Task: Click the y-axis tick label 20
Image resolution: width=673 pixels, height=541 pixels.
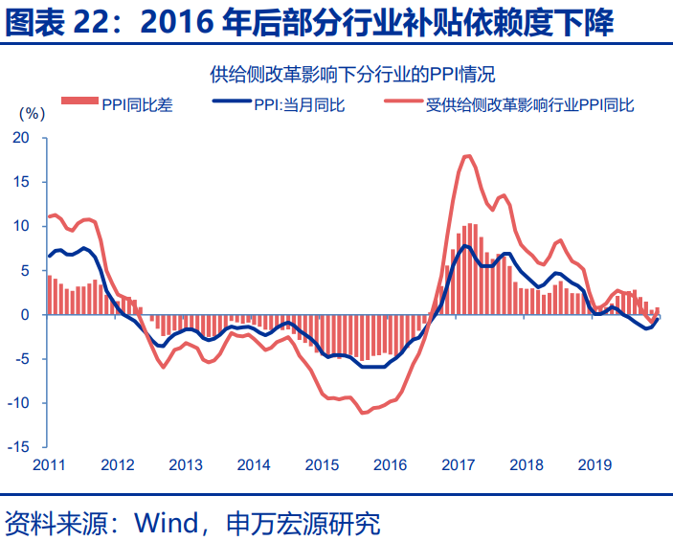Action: coord(22,138)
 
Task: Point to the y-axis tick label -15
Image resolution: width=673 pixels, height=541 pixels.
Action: coord(19,447)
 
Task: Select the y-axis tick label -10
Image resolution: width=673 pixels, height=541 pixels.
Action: coord(19,403)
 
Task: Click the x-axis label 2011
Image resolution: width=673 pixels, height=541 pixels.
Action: coord(49,465)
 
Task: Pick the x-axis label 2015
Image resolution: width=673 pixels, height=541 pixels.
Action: coord(321,465)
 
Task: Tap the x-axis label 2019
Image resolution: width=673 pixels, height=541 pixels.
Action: coord(594,465)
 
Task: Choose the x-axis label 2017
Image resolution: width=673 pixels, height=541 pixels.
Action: coord(459,465)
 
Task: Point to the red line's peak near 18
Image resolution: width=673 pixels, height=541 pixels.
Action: coord(467,156)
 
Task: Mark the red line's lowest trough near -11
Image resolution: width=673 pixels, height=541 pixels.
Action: coord(363,413)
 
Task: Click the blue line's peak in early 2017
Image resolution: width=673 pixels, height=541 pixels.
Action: coord(466,246)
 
